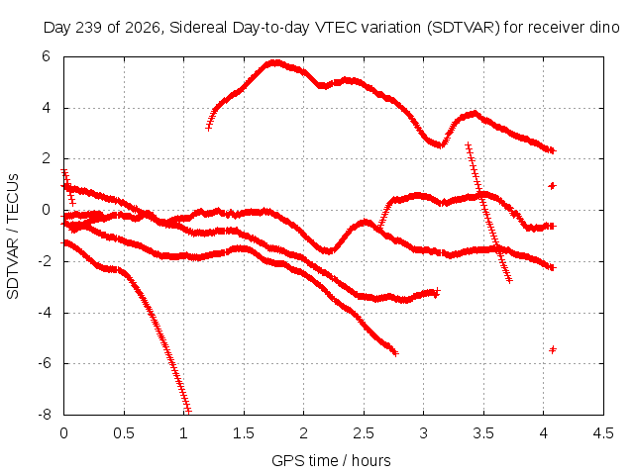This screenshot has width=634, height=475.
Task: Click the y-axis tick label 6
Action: [x=46, y=56]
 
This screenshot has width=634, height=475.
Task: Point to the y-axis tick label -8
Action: [x=45, y=415]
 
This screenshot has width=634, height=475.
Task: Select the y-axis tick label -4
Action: [x=45, y=313]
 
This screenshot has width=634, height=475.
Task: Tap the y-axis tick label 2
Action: [x=46, y=158]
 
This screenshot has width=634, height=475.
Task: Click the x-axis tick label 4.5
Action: [x=603, y=433]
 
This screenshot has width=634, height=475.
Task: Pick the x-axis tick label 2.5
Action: [x=364, y=433]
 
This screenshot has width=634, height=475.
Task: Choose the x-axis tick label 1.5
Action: [x=244, y=433]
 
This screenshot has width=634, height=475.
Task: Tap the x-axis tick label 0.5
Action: [x=124, y=433]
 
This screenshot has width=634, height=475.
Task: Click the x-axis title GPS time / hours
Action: [x=331, y=460]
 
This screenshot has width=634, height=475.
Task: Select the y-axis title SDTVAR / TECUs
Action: [x=13, y=237]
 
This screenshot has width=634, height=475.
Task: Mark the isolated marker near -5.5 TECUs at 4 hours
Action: [x=553, y=349]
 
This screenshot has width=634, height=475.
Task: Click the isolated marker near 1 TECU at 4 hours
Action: [x=553, y=186]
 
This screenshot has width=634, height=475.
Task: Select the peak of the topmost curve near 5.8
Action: [x=275, y=62]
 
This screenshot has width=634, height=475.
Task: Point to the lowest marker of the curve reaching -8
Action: [x=187, y=412]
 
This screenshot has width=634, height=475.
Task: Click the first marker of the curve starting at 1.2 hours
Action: [x=209, y=128]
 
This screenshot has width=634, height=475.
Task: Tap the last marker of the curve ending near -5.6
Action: [x=395, y=353]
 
